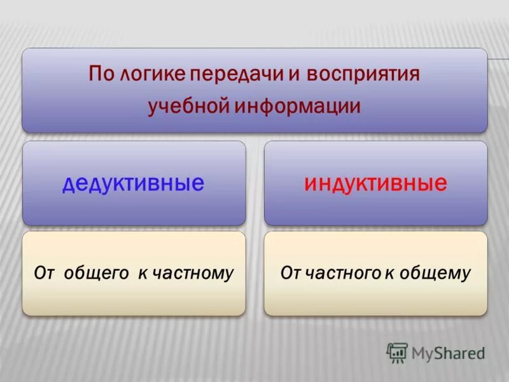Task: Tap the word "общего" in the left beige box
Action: tap(96, 274)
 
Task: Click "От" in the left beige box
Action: tap(44, 274)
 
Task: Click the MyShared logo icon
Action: tap(397, 353)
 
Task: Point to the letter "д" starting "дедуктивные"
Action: tap(69, 185)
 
